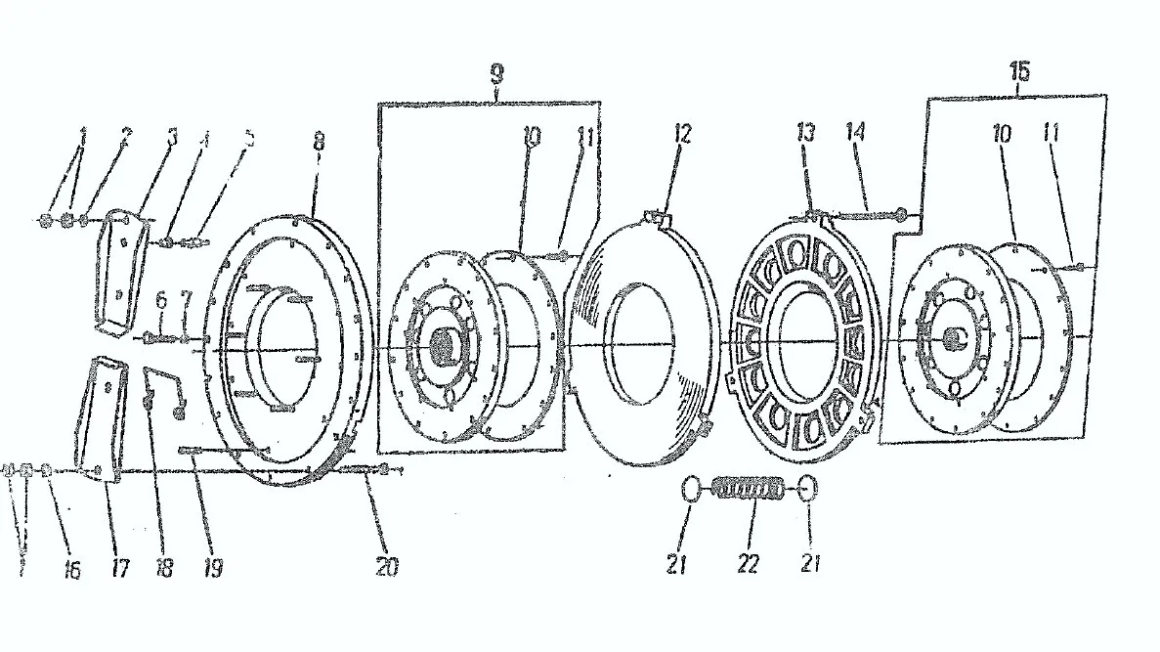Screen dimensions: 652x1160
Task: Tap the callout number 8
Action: (x=318, y=140)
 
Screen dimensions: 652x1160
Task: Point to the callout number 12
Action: (x=682, y=134)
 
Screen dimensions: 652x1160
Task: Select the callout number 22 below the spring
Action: (x=749, y=566)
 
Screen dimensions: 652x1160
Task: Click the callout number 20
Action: (x=388, y=566)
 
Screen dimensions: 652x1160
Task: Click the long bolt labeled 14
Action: (x=865, y=217)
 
